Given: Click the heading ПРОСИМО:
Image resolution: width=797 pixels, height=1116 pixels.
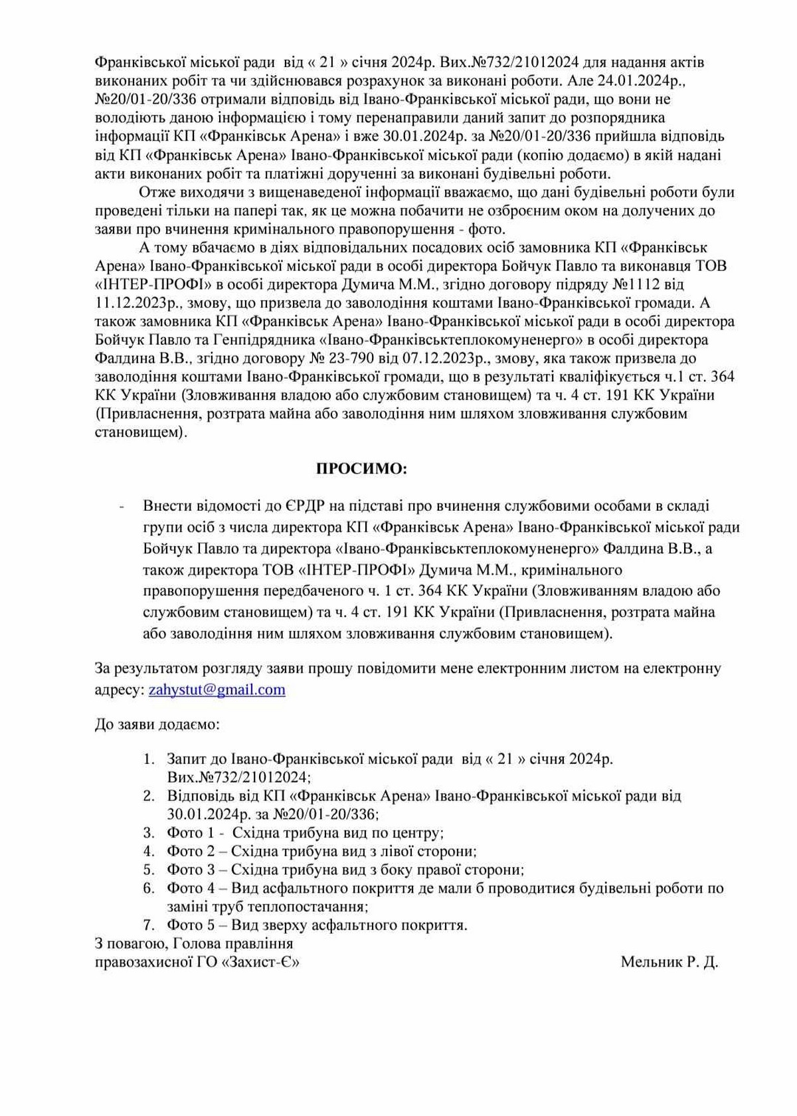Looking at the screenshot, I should pos(361,468).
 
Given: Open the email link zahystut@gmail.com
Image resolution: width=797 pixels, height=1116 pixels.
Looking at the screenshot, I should pos(217,690).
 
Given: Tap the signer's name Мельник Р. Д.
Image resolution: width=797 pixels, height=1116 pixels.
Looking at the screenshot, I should pos(669,961).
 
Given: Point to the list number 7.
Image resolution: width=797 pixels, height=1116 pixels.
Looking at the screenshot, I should pos(149,925).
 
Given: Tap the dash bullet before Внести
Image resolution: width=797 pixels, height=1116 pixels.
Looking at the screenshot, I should pos(122,507).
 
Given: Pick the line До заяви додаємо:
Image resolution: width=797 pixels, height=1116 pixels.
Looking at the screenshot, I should pos(157,723).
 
